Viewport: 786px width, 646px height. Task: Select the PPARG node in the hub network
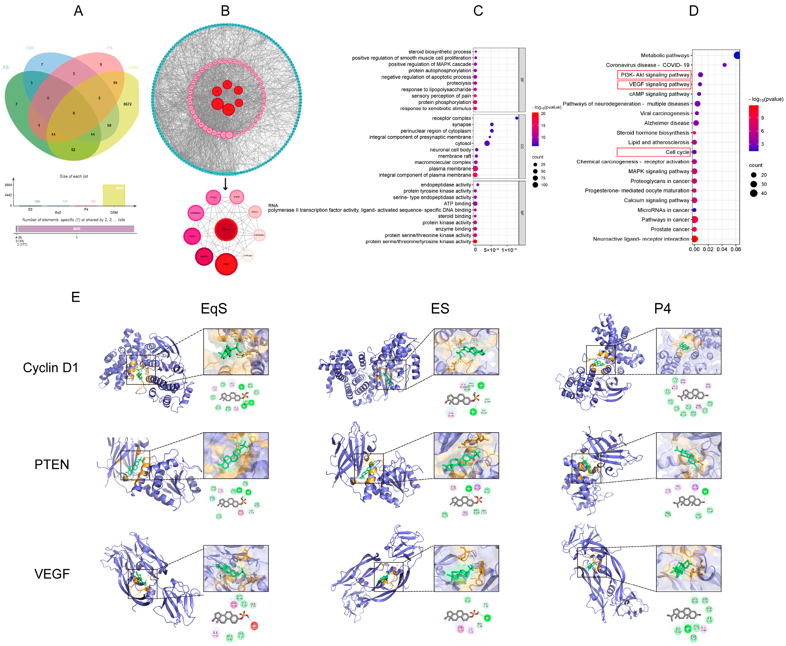pyautogui.click(x=226, y=230)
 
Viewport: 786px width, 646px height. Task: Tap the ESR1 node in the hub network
pyautogui.click(x=226, y=264)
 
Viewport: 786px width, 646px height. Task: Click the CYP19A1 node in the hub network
pyautogui.click(x=248, y=256)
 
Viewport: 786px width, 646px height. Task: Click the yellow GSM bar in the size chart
pyautogui.click(x=114, y=195)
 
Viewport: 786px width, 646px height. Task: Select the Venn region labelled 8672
pyautogui.click(x=127, y=104)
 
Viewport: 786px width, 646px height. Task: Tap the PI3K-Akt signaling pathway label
pyautogui.click(x=655, y=75)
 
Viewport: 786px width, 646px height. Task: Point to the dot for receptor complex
pyautogui.click(x=516, y=118)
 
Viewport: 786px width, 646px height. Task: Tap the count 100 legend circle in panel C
pyautogui.click(x=535, y=185)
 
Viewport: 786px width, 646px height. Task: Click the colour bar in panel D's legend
pyautogui.click(x=753, y=128)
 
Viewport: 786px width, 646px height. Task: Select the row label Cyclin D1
pyautogui.click(x=51, y=368)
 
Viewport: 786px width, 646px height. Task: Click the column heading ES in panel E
pyautogui.click(x=440, y=308)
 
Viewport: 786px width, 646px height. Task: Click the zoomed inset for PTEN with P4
pyautogui.click(x=688, y=455)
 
